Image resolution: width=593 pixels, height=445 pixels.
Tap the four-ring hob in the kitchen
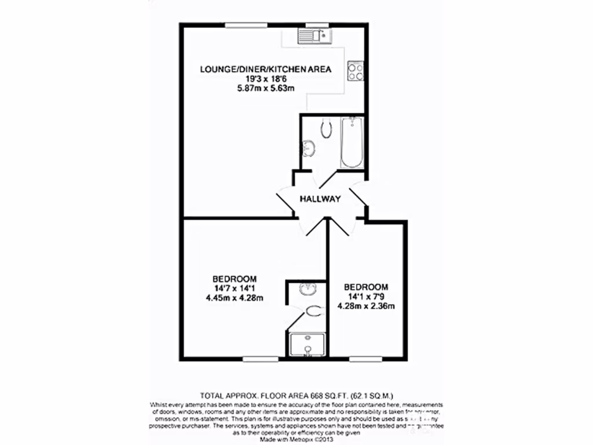click(355, 71)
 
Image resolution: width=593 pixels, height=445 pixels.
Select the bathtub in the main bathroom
click(352, 142)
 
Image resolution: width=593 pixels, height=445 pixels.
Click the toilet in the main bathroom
click(327, 129)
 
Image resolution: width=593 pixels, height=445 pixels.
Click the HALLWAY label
click(320, 199)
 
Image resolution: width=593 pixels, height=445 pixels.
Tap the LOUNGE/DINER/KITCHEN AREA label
click(266, 70)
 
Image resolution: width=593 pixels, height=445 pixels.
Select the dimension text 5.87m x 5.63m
click(266, 89)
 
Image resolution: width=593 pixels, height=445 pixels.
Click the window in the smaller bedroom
click(366, 359)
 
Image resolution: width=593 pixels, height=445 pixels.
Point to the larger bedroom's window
click(257, 359)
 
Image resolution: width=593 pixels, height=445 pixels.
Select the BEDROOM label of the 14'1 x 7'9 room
click(365, 287)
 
